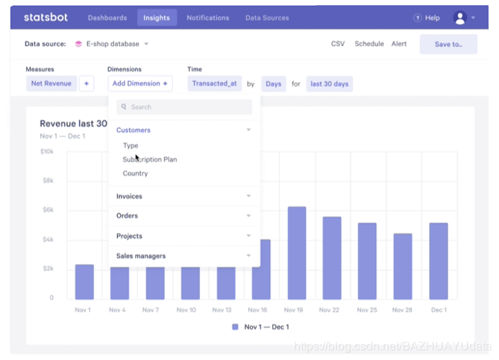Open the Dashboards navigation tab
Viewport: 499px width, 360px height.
tap(107, 18)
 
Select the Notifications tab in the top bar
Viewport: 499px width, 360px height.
tap(208, 18)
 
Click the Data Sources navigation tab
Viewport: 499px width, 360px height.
tap(267, 18)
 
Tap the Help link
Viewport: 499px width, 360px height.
tap(427, 18)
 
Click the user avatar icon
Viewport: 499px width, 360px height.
tap(460, 18)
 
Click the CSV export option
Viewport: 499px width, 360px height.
tap(338, 44)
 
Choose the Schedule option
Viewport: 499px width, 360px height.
tap(369, 44)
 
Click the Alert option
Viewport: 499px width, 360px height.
tap(399, 44)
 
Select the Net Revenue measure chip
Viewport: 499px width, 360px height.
tap(51, 83)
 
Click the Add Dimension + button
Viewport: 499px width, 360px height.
tap(140, 83)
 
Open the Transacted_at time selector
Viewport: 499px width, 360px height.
tap(214, 83)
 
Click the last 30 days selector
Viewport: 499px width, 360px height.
tap(330, 83)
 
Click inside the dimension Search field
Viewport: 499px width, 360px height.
tap(186, 107)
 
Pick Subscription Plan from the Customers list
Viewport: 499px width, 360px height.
tap(150, 160)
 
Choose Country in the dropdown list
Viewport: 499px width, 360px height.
tap(136, 174)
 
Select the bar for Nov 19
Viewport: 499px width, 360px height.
tap(297, 253)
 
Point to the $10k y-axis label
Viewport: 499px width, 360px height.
tap(47, 151)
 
